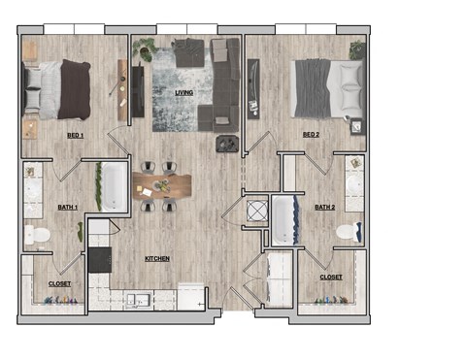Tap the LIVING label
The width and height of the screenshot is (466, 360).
183,92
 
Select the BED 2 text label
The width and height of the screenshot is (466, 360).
312,135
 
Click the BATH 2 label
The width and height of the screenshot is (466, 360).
325,207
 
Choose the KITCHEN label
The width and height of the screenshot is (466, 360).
157,259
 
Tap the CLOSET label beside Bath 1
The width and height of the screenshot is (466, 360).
59,283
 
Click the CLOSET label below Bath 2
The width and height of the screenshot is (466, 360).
331,277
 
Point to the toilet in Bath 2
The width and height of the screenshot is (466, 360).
349,233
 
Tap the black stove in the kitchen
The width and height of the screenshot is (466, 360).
100,259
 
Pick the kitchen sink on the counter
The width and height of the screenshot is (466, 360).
138,299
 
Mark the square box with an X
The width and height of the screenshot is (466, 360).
257,211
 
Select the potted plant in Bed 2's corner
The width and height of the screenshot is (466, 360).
357,49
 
